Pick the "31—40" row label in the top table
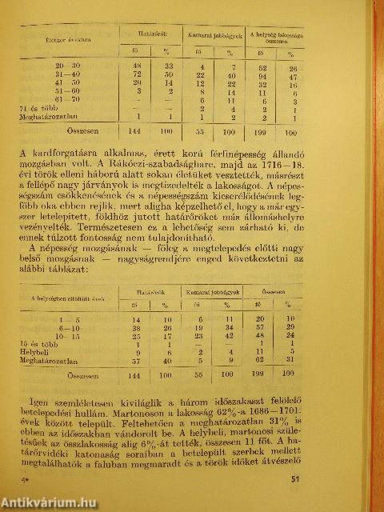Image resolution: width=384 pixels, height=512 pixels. (61, 74)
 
